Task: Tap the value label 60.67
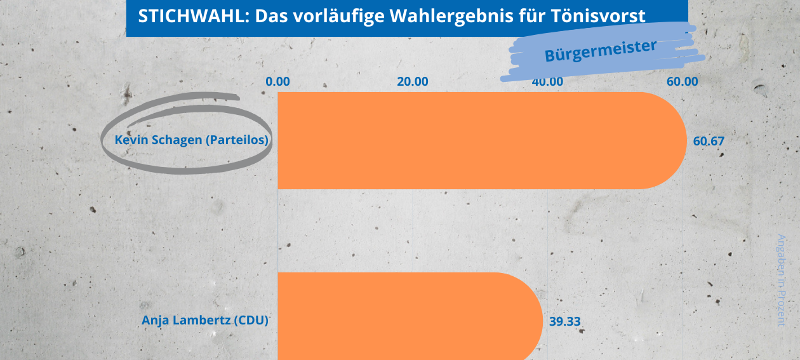point(709,141)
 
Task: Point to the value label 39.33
point(564,321)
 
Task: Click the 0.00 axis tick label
point(277,81)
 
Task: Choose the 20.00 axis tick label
point(413,81)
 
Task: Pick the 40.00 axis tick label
point(547,81)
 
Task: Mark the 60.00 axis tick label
point(683,81)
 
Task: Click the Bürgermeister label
point(600,51)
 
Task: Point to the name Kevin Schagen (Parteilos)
point(191,140)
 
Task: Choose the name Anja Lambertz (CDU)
point(204,320)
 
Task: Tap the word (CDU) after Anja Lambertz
point(251,320)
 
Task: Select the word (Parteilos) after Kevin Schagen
point(236,140)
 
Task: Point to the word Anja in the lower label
point(154,320)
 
